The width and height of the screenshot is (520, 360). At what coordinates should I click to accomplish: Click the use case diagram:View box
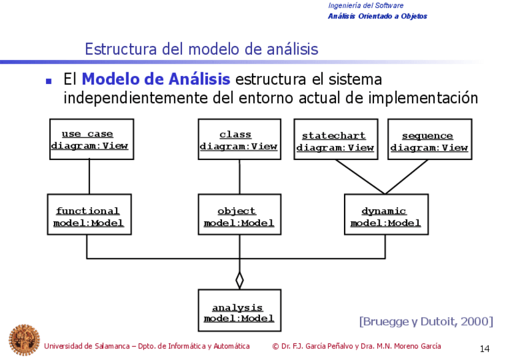click(90, 140)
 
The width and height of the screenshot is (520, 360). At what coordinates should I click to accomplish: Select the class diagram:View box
click(239, 140)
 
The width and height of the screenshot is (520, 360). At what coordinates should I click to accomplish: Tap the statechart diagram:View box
click(335, 140)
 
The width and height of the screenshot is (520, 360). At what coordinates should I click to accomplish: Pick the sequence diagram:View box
click(429, 140)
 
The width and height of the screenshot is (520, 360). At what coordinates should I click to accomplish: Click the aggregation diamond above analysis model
click(239, 279)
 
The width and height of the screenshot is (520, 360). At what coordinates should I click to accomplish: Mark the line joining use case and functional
click(90, 177)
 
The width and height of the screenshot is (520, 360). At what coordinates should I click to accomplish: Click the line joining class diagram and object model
click(239, 177)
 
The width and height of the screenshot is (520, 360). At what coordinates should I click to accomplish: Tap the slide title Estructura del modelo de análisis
click(202, 48)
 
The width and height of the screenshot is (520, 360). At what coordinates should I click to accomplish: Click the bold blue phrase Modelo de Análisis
click(156, 80)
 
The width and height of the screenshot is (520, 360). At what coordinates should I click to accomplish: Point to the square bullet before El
click(50, 81)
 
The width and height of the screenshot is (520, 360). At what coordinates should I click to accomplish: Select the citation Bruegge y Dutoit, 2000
click(426, 321)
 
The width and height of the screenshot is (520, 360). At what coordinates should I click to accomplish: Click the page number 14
click(484, 349)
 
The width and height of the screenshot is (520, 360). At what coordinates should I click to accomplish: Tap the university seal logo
click(23, 340)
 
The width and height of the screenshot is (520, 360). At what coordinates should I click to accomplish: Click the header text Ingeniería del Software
click(365, 6)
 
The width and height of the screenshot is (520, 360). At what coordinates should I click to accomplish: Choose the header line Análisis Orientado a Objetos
click(377, 16)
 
